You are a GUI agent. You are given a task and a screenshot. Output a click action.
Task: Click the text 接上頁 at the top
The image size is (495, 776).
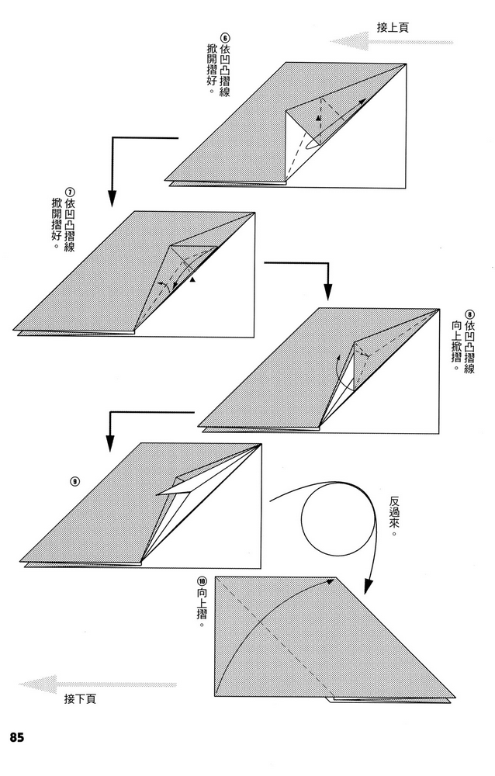pyautogui.click(x=393, y=26)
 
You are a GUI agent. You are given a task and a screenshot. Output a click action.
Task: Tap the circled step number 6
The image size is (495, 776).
pyautogui.click(x=226, y=36)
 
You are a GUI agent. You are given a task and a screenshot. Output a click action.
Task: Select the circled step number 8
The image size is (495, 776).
pyautogui.click(x=469, y=314)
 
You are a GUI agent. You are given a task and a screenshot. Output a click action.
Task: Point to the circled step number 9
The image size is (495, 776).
pyautogui.click(x=74, y=480)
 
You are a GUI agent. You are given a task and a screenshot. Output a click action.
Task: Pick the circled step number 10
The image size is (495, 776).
pyautogui.click(x=202, y=581)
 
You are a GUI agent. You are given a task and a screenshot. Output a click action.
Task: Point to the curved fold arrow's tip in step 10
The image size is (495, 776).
pyautogui.click(x=333, y=580)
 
